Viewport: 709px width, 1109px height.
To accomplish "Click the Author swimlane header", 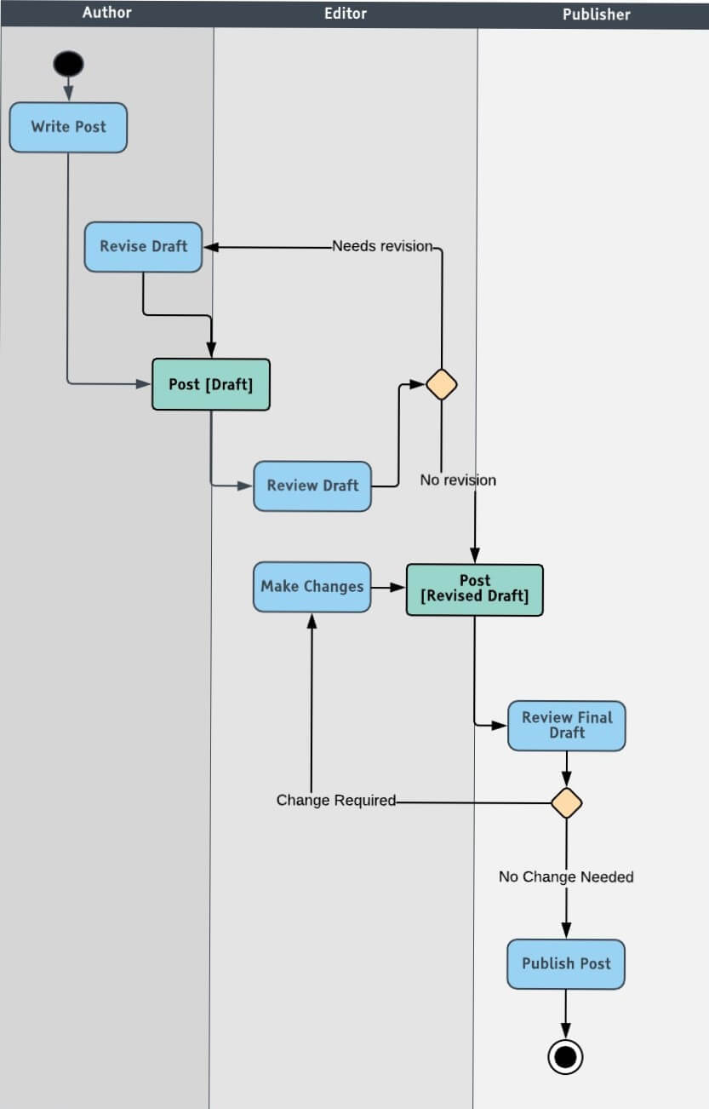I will pyautogui.click(x=107, y=13).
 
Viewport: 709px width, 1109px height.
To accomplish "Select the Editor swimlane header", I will pyautogui.click(x=346, y=13).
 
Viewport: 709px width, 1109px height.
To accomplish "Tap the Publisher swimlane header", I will pyautogui.click(x=596, y=14).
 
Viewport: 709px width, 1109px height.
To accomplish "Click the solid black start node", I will pyautogui.click(x=68, y=64).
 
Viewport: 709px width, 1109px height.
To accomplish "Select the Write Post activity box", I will pyautogui.click(x=68, y=127).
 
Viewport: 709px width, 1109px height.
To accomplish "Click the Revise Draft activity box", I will pyautogui.click(x=143, y=247).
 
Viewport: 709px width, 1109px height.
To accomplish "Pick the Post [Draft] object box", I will pyautogui.click(x=210, y=384).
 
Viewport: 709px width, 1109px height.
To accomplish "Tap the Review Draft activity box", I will pyautogui.click(x=312, y=486).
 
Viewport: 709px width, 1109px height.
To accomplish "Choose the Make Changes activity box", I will pyautogui.click(x=312, y=586).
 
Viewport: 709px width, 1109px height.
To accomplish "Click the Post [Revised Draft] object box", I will pyautogui.click(x=474, y=589).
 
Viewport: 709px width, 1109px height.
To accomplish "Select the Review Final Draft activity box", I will pyautogui.click(x=566, y=726).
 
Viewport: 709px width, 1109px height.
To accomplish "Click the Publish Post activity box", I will pyautogui.click(x=566, y=963).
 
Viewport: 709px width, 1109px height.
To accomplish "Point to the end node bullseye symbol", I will pyautogui.click(x=565, y=1057).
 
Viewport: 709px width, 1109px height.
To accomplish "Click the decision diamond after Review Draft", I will pyautogui.click(x=441, y=385).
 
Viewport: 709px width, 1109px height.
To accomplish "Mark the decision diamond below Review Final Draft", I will pyautogui.click(x=566, y=802).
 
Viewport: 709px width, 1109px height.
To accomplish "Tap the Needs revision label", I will pyautogui.click(x=382, y=246).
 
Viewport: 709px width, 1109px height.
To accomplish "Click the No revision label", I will pyautogui.click(x=458, y=480).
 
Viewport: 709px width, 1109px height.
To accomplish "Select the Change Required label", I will pyautogui.click(x=336, y=801).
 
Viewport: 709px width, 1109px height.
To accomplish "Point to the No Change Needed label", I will pyautogui.click(x=566, y=876).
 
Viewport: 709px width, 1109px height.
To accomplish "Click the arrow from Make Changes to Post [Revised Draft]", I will pyautogui.click(x=388, y=587).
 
